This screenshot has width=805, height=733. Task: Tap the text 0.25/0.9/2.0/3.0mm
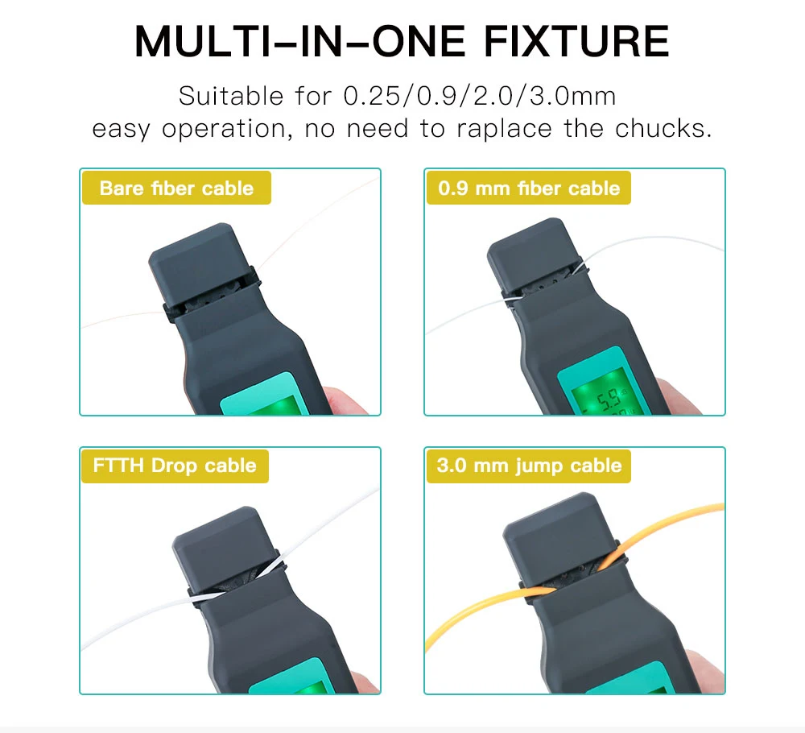(x=480, y=97)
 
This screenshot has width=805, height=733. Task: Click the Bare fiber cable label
(x=176, y=188)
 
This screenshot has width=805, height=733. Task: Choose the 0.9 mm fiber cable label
(x=528, y=188)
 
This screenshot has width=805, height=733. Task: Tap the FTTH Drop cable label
(x=175, y=466)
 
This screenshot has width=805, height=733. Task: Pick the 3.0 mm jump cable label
(x=529, y=466)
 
